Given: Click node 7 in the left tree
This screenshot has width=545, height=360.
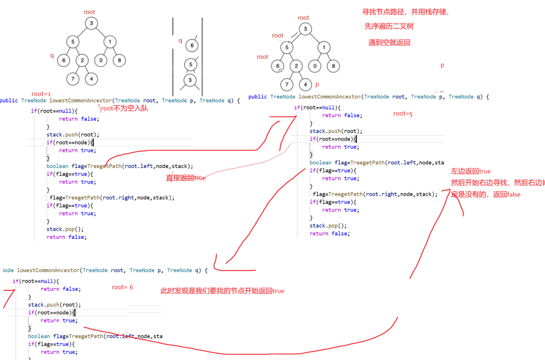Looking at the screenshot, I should [73, 79].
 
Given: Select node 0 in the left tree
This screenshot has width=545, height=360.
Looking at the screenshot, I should [101, 60].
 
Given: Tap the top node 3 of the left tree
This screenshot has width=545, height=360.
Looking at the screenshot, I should [91, 23].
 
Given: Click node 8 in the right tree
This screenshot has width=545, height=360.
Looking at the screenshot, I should [333, 66].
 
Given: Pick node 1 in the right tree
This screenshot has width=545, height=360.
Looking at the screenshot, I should [324, 47].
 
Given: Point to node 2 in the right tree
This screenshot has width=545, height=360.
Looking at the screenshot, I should [296, 66].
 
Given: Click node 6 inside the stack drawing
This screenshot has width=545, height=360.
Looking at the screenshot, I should [192, 46].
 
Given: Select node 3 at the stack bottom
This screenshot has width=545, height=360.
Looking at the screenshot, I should [190, 80].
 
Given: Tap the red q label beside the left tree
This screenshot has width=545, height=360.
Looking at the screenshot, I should [52, 55].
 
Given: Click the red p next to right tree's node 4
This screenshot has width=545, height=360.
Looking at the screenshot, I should [317, 84].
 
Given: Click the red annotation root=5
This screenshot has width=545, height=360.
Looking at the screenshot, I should [402, 114].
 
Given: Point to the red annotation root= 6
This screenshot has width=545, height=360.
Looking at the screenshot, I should [122, 287].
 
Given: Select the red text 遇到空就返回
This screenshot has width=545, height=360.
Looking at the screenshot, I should [389, 43].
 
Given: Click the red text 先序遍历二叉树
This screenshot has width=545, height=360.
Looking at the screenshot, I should [389, 26].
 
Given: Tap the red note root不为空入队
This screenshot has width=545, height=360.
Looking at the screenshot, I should [124, 108].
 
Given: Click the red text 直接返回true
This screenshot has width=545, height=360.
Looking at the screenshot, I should [186, 178].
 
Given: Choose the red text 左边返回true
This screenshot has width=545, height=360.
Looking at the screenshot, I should [471, 171].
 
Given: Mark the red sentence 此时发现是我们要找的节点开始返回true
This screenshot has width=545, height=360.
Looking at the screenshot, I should [222, 291].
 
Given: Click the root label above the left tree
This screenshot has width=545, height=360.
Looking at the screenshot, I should [89, 12].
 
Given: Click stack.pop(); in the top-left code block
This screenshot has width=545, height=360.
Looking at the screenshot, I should [65, 229].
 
